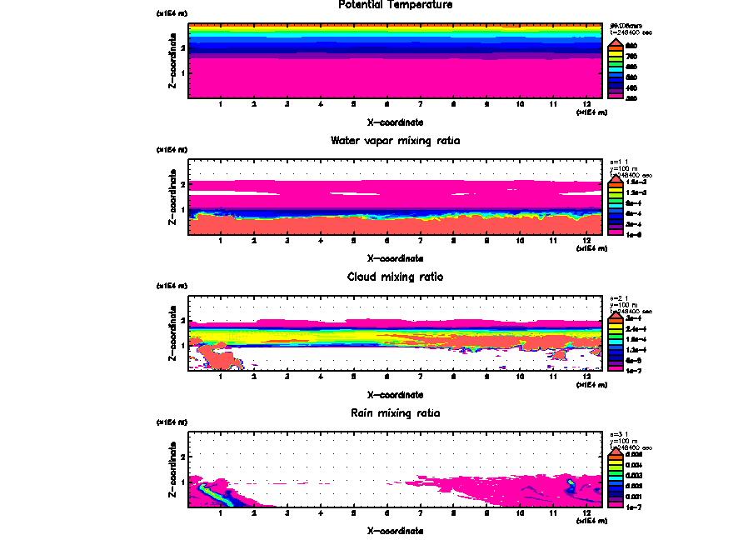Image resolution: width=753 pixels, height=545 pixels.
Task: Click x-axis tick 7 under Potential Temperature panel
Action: click(420, 105)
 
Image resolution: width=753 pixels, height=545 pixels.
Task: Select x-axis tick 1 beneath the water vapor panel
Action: click(221, 241)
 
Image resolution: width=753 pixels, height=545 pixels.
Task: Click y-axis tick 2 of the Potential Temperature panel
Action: click(182, 48)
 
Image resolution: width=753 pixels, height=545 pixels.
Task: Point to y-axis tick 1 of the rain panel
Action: click(182, 482)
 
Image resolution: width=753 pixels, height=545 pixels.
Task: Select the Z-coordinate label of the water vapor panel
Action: click(172, 199)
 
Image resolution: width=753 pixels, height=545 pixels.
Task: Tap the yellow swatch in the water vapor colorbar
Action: click(616, 192)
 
